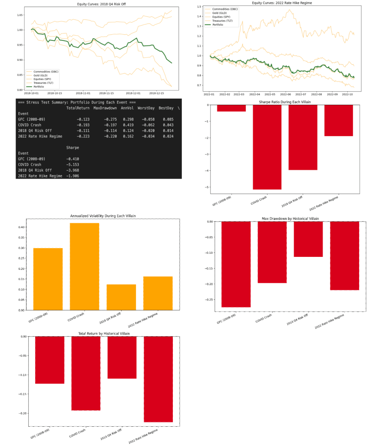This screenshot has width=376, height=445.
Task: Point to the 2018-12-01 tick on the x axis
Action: coord(132,93)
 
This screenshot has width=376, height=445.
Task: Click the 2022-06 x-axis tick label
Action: coord(286,93)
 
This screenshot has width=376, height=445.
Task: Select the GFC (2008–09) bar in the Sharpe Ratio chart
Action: coord(231,108)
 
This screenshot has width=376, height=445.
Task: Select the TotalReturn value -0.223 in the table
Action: coord(82,136)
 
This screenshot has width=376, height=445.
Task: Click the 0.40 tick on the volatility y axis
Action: coord(22,227)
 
